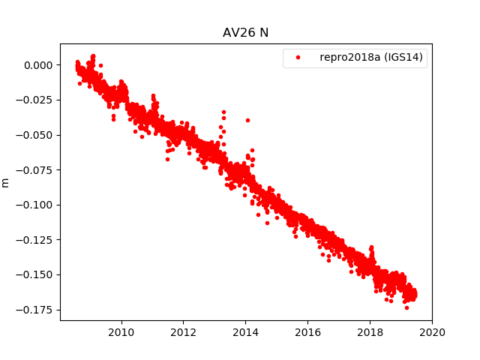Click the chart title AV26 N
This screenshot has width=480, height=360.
point(246,33)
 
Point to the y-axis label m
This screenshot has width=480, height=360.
point(6,182)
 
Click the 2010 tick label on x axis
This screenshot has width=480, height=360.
point(121,332)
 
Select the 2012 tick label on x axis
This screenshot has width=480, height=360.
point(184,332)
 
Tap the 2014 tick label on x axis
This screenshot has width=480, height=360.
point(245,332)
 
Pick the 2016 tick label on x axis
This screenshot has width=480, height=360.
point(307,332)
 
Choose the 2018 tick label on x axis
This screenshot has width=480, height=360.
point(370,332)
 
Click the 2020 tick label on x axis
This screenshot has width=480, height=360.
point(432,332)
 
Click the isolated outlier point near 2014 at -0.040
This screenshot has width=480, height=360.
point(247,120)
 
